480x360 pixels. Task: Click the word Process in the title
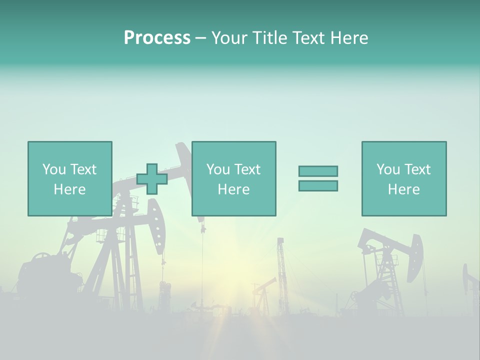pos(157,38)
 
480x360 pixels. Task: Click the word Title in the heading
pos(270,38)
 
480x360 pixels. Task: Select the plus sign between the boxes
pos(152,179)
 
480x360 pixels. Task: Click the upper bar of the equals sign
pos(318,171)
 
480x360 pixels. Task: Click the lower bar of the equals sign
pos(318,186)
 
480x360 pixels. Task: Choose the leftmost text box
pos(70,178)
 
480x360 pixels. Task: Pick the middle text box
pos(233,178)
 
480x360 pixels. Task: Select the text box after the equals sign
pos(403,178)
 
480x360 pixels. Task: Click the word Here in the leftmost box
pos(70,189)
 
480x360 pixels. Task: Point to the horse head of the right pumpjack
pos(414,257)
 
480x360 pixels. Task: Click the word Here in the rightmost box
pos(403,189)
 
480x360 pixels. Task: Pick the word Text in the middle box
pos(248,169)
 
